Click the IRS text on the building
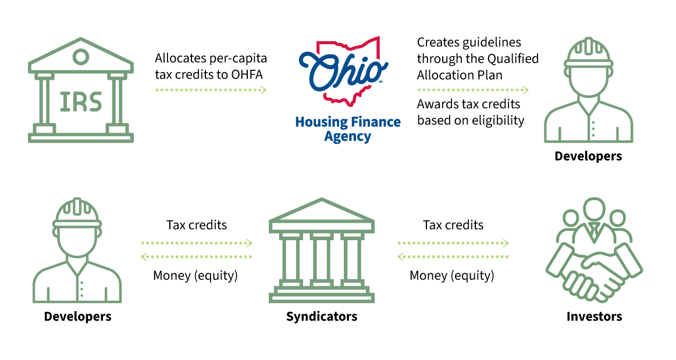81,102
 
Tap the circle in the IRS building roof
81,56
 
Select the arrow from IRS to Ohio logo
211,90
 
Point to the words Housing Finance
348,122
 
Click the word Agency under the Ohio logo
347,137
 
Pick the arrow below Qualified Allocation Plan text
472,90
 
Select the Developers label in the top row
588,156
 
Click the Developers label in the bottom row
77,316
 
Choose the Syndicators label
322,316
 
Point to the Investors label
594,316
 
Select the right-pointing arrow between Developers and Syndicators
197,243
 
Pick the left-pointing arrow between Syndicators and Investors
453,257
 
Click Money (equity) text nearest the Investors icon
452,276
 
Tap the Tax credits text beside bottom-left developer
197,225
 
